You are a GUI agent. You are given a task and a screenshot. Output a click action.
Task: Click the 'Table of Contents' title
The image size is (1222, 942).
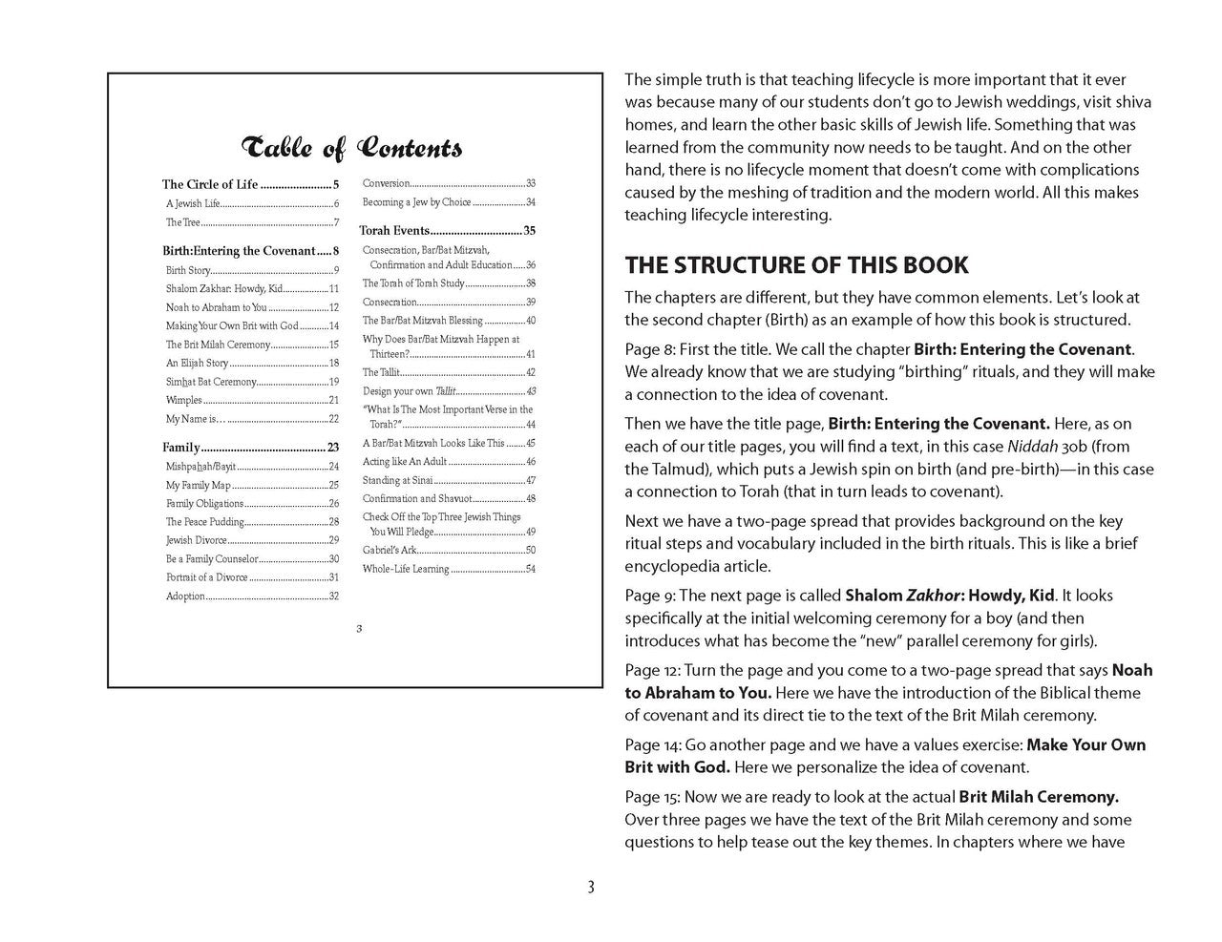(353, 148)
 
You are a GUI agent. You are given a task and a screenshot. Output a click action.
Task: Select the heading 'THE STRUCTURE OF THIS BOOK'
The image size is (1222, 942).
(796, 265)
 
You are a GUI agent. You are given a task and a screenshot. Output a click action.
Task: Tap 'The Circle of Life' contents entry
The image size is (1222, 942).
(210, 185)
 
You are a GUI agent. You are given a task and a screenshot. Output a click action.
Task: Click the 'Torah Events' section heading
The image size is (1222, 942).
(394, 231)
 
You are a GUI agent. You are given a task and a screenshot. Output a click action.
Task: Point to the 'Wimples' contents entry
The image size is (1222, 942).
(184, 401)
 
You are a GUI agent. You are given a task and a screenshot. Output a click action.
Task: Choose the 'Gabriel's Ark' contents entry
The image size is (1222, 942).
(389, 551)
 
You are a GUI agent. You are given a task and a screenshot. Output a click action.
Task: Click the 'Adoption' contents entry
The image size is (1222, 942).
(186, 597)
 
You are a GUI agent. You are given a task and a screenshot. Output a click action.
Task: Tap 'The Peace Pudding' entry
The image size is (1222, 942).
(205, 522)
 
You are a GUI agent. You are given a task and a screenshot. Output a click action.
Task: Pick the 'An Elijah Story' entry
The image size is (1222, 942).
(198, 364)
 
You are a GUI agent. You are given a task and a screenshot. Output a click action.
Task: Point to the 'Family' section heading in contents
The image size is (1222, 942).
(181, 448)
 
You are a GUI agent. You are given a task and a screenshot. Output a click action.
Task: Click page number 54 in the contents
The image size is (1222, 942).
(530, 570)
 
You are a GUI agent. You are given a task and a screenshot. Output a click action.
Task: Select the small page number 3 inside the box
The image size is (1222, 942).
(358, 628)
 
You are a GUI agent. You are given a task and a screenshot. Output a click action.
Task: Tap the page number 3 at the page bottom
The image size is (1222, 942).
(591, 888)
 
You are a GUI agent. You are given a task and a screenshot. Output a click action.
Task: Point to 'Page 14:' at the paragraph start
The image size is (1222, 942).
(653, 745)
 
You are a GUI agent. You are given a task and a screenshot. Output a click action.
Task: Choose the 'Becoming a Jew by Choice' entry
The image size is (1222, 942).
(416, 202)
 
